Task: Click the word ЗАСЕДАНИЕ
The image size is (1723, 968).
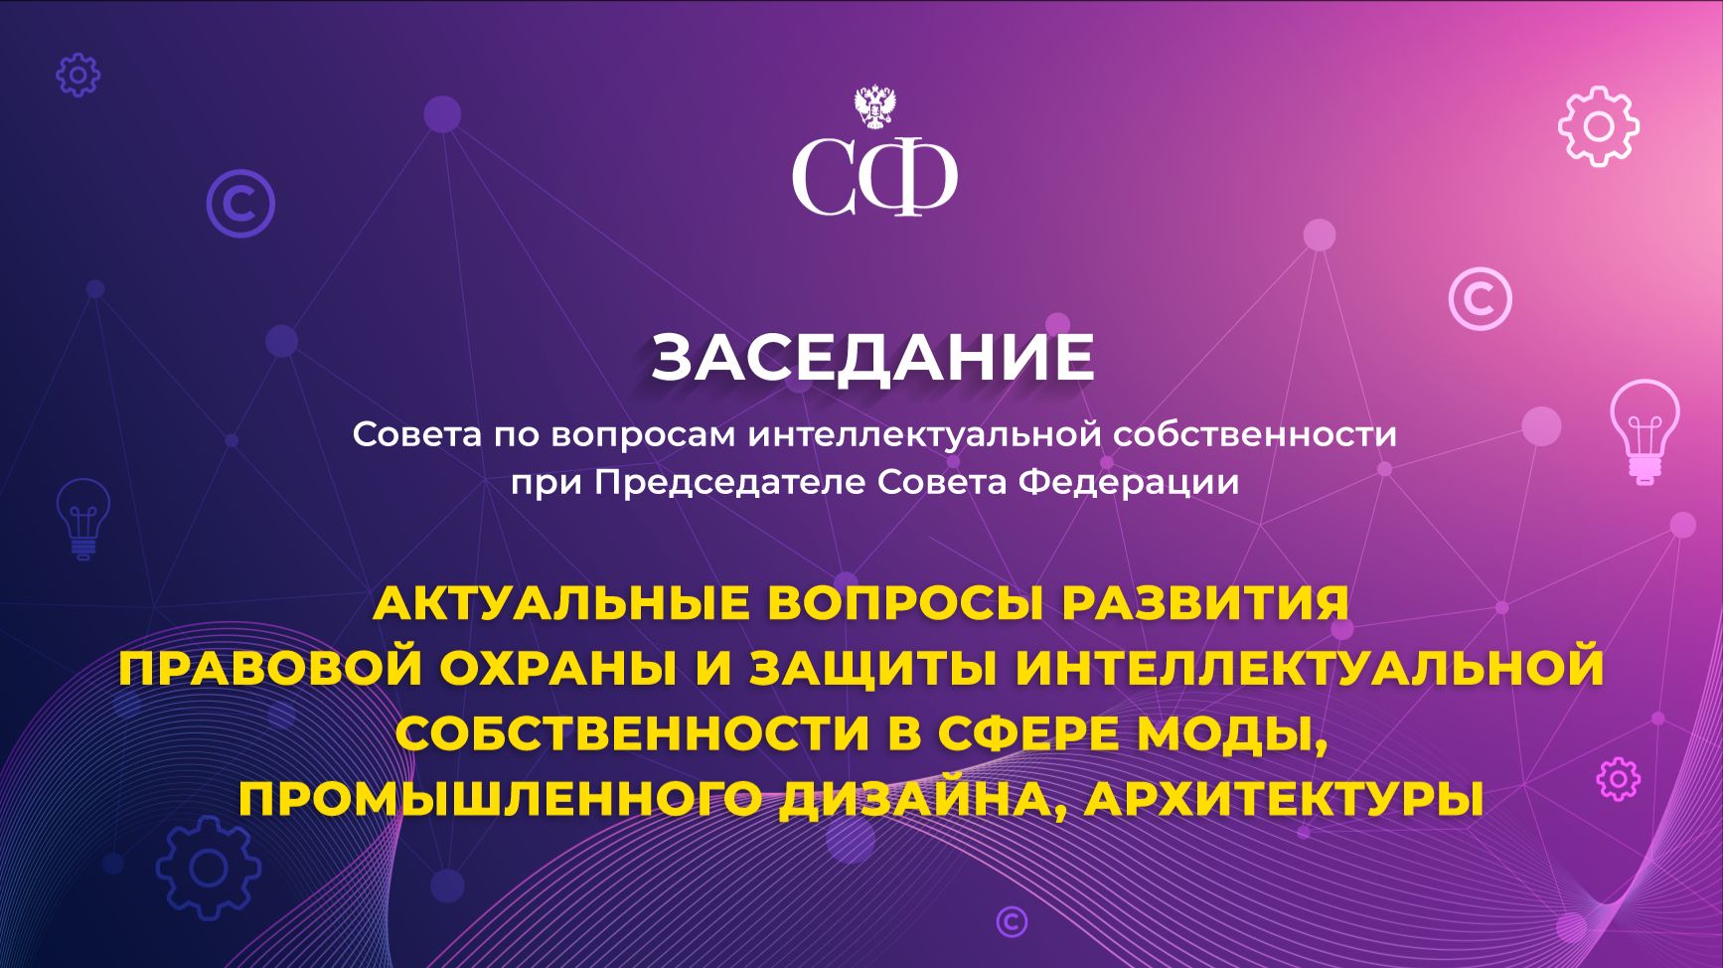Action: click(872, 358)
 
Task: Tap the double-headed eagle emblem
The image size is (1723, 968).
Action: click(875, 107)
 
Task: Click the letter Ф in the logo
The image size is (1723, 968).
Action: click(907, 177)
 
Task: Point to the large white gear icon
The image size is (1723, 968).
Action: click(1598, 126)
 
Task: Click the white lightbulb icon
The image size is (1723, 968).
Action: click(1645, 431)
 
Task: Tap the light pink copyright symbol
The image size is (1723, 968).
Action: click(1480, 298)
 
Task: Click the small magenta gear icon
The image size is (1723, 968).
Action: click(1618, 779)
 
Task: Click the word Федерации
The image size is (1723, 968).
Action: click(1130, 483)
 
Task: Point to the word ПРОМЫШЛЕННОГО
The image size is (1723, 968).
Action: click(500, 800)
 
